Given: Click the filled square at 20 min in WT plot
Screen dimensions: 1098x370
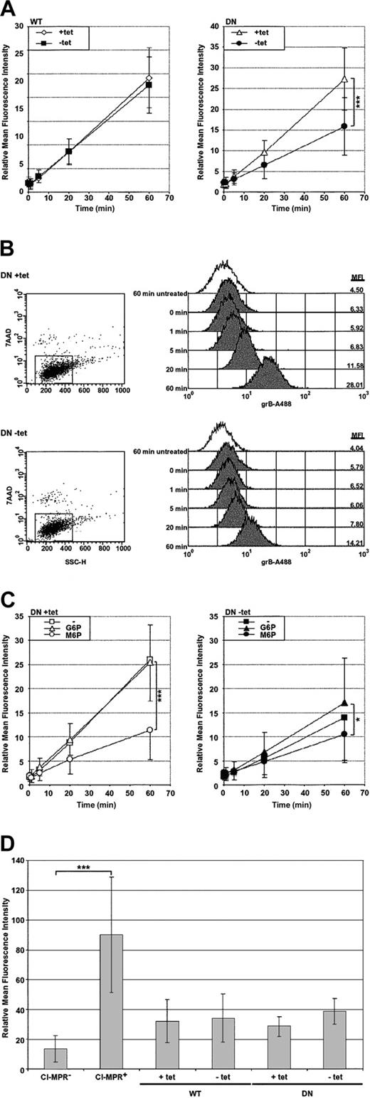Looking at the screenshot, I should pyautogui.click(x=68, y=151).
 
